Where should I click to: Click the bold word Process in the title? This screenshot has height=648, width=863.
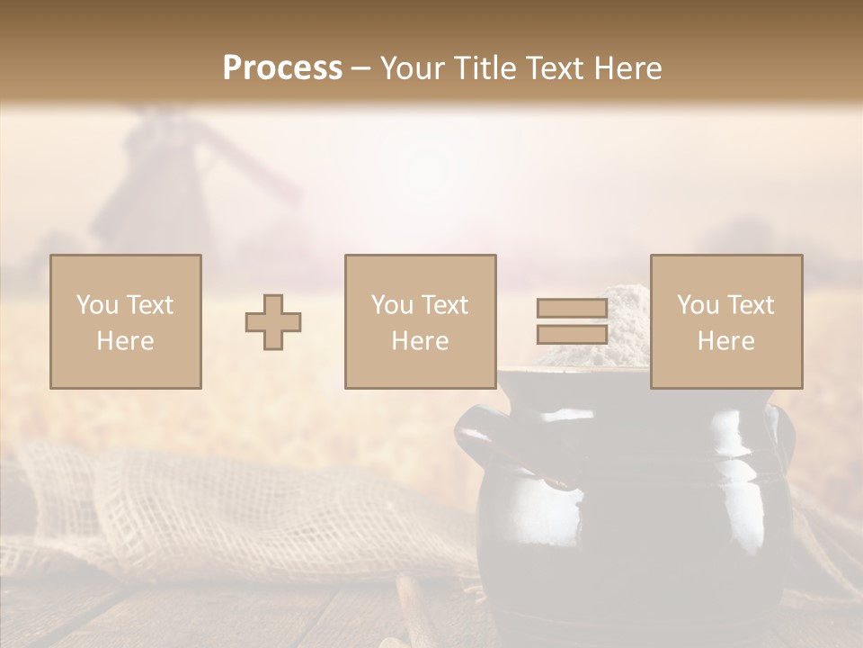[x=282, y=68]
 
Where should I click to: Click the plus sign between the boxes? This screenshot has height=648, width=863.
[x=273, y=322]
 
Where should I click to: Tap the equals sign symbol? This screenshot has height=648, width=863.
[x=572, y=321]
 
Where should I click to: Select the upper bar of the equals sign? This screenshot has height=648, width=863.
[x=572, y=309]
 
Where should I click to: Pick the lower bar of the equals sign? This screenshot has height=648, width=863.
[x=572, y=334]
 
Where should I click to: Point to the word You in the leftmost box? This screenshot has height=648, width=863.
[x=97, y=305]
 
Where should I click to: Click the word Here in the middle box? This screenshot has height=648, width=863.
[x=421, y=341]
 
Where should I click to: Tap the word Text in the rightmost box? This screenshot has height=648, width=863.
[x=749, y=305]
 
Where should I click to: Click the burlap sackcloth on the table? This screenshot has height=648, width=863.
[x=225, y=513]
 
